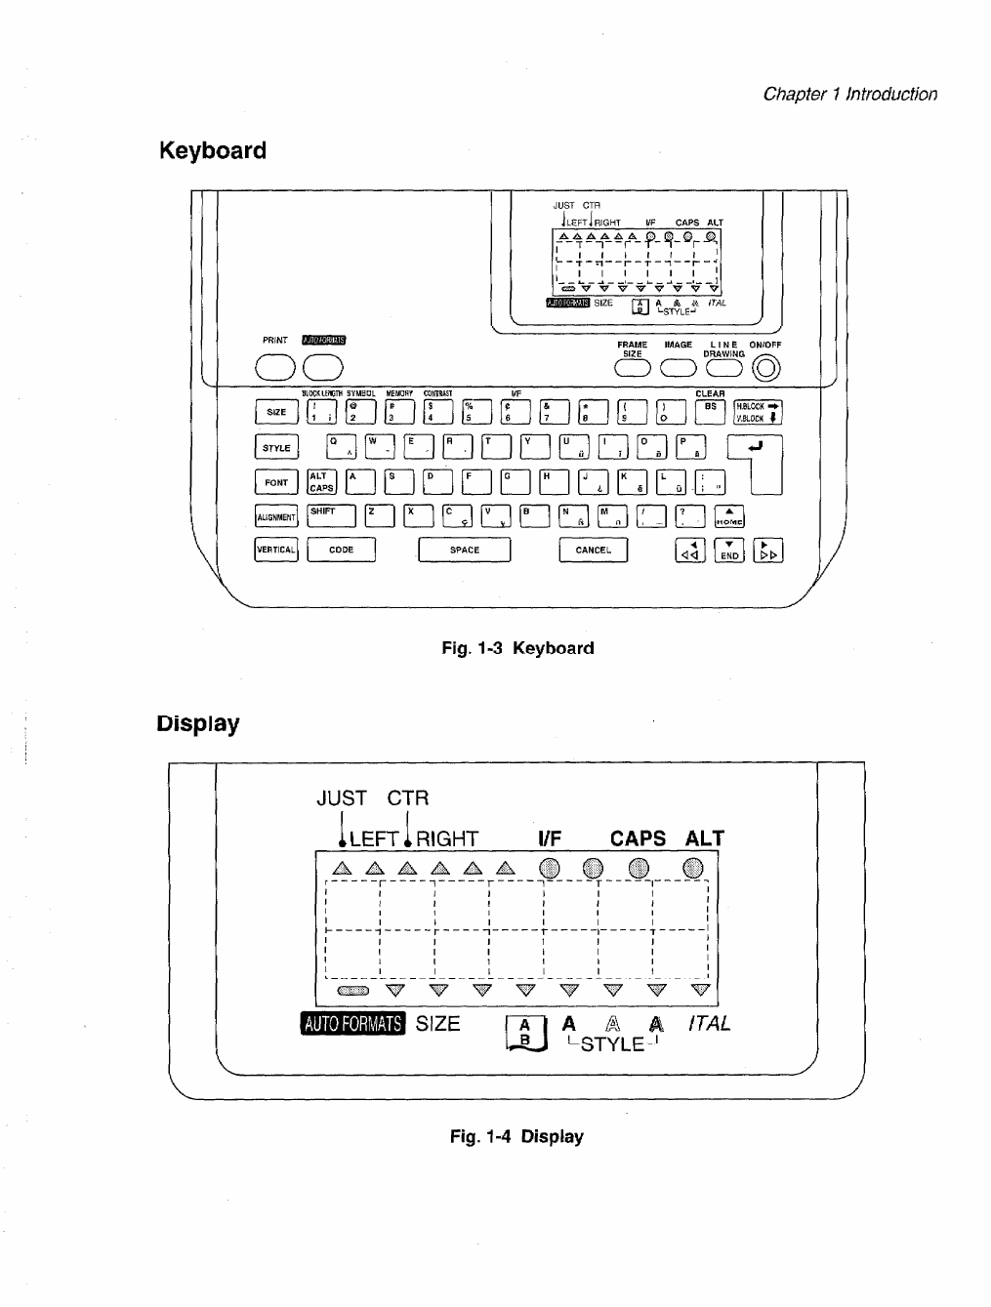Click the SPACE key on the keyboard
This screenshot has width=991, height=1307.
tap(464, 551)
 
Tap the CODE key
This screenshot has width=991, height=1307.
tap(341, 551)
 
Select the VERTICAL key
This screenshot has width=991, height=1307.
tap(275, 551)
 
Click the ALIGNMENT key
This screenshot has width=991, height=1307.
tap(275, 517)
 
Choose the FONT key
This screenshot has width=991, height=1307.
tap(276, 482)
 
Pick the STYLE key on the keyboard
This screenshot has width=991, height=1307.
tap(276, 448)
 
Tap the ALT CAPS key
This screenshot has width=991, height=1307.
tap(321, 482)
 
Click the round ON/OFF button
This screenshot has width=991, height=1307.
tap(768, 367)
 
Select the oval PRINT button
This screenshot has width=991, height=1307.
tap(275, 366)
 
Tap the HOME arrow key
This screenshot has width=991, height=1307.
tap(729, 517)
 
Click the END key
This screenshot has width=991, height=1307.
tap(729, 551)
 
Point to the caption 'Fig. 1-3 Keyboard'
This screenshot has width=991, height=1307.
tap(517, 648)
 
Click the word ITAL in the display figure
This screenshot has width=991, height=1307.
tap(709, 1024)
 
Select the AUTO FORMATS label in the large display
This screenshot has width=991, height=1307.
tap(352, 1024)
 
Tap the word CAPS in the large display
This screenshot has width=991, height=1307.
tap(638, 839)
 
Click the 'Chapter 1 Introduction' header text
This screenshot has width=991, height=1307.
tap(849, 94)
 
